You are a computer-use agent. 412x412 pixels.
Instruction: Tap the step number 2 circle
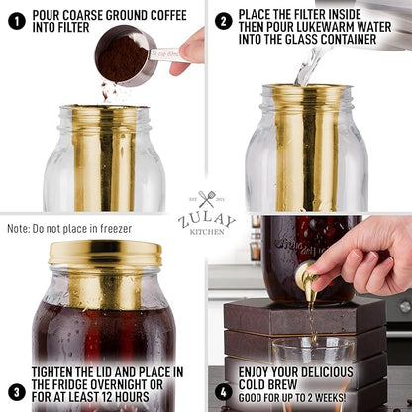[224, 20]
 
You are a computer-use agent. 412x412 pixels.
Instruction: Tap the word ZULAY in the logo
[206, 220]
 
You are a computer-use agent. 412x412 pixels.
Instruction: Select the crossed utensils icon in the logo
[206, 201]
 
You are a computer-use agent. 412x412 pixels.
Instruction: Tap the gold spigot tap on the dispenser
[307, 280]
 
